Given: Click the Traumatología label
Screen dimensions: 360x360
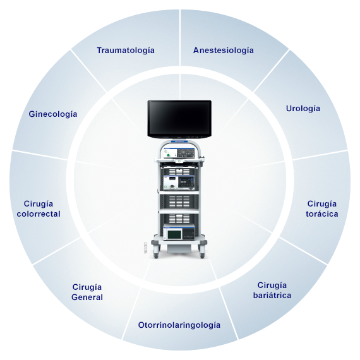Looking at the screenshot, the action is click(126, 51).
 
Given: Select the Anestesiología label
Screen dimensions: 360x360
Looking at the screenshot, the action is click(224, 51).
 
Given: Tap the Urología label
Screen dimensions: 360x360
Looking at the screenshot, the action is click(303, 109).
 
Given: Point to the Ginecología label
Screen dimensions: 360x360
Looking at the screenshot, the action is click(53, 114).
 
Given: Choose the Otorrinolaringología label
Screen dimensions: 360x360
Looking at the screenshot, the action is click(179, 325).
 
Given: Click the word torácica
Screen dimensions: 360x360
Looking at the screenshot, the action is click(322, 214).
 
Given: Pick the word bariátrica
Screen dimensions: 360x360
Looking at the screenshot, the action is click(272, 295).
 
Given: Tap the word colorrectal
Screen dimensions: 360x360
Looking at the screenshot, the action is click(39, 214).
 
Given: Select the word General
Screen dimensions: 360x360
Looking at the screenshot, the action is click(87, 297).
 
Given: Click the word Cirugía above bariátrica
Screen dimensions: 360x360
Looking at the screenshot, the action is click(272, 285).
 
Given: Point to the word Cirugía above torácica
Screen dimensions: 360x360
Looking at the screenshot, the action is click(322, 204).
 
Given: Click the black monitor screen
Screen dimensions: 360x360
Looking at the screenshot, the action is click(179, 119).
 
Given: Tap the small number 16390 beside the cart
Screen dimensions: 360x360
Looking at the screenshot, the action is click(145, 248).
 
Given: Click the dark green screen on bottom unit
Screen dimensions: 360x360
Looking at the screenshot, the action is click(174, 234).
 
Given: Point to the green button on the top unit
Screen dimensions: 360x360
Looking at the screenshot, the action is click(168, 155).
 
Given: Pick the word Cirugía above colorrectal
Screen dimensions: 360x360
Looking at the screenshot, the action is click(39, 204).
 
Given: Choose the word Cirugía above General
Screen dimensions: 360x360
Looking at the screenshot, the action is click(87, 287).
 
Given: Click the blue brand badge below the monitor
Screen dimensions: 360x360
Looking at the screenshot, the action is click(179, 141).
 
